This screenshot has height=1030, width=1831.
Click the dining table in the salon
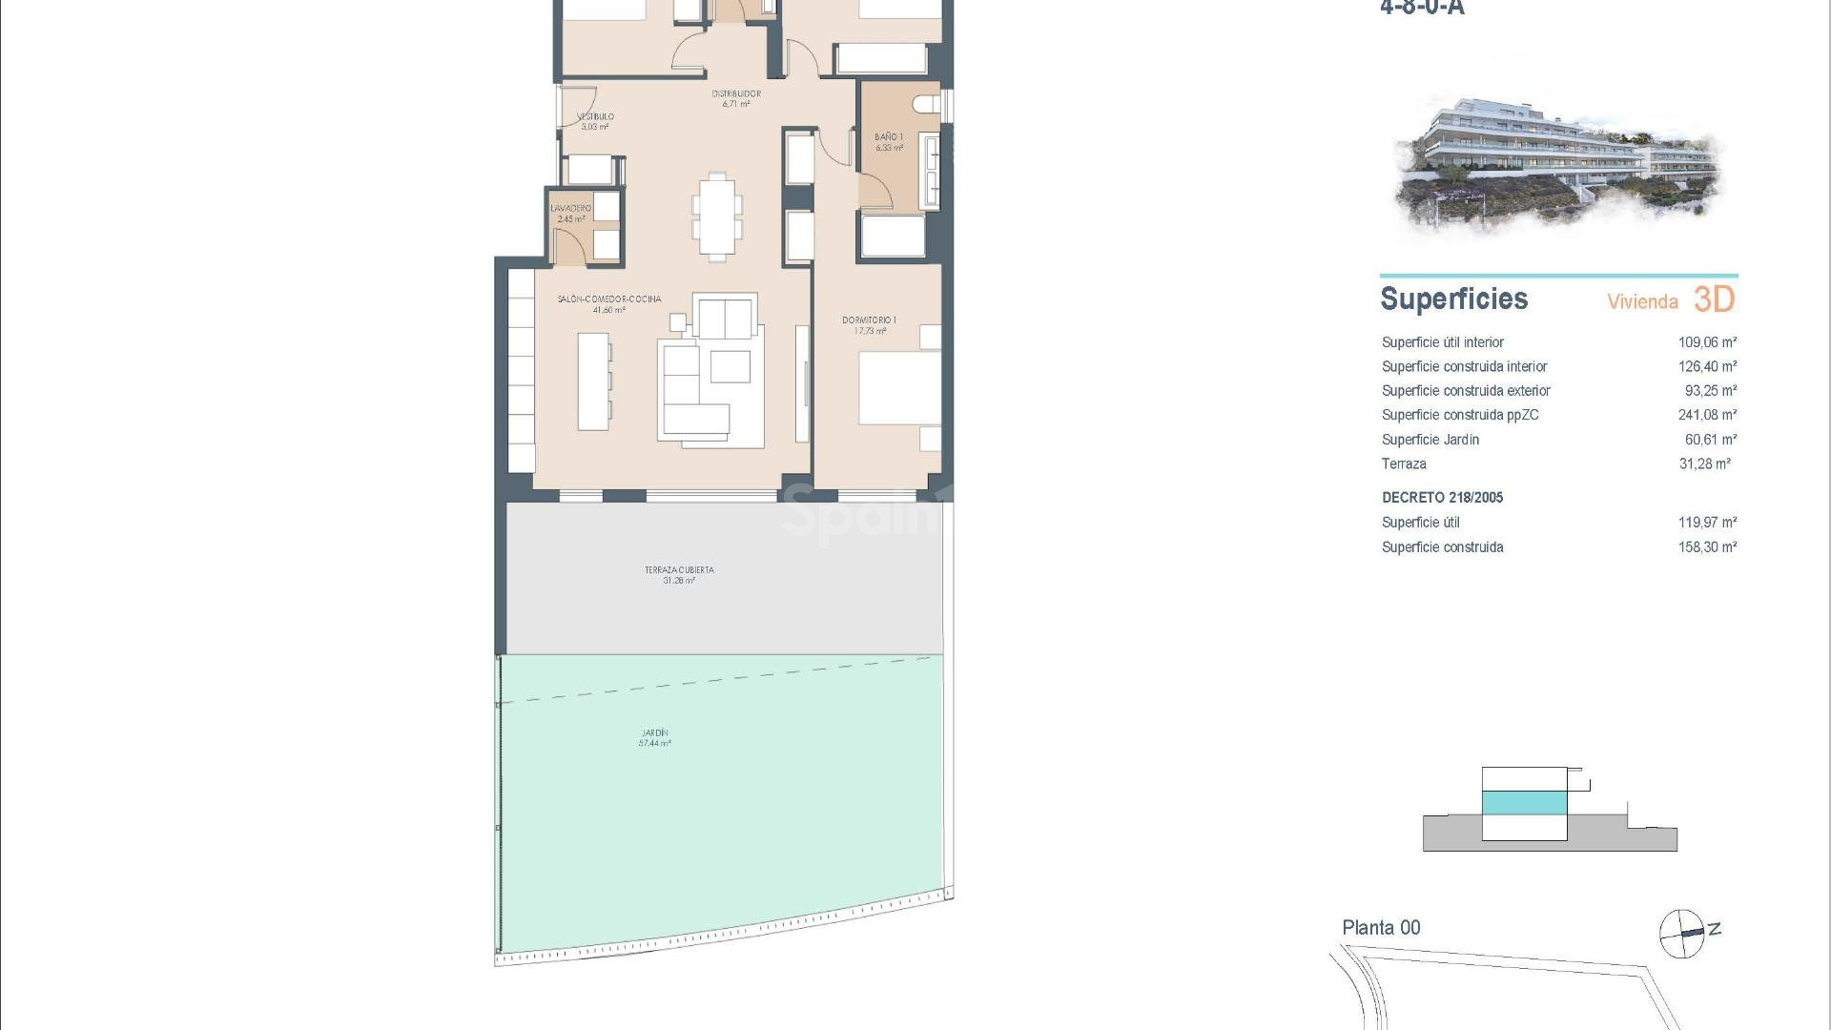click(717, 216)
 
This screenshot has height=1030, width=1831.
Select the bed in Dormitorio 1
click(899, 388)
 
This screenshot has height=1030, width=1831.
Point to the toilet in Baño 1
click(926, 103)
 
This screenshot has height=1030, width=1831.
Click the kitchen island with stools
click(593, 380)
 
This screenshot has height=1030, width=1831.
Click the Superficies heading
click(1453, 299)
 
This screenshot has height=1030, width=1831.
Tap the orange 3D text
click(1714, 299)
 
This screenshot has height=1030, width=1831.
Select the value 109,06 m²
click(1707, 342)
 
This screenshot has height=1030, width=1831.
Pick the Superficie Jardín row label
click(1430, 440)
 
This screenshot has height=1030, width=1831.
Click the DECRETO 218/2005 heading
click(1442, 498)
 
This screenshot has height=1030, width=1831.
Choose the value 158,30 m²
click(1707, 547)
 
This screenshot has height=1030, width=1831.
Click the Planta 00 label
click(1381, 927)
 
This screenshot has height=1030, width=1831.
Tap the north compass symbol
click(1682, 933)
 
